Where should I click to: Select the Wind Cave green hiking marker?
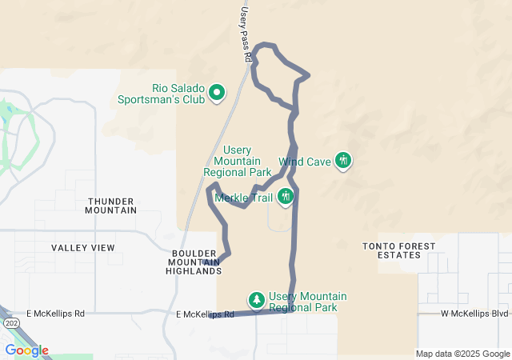(343, 161)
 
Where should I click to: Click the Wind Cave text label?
(304, 162)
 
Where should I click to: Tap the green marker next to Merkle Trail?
(285, 197)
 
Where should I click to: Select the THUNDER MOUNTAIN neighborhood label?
(112, 205)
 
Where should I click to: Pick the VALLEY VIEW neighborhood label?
(83, 248)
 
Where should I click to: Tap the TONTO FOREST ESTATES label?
(399, 250)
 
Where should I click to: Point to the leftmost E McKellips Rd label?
(55, 314)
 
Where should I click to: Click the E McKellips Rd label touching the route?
(205, 314)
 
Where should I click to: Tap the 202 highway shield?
(10, 322)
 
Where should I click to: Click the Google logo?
(26, 350)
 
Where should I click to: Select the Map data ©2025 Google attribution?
(462, 354)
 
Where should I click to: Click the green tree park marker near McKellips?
(256, 300)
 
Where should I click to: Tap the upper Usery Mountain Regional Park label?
(238, 161)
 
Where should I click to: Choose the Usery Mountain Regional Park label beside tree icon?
(308, 302)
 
